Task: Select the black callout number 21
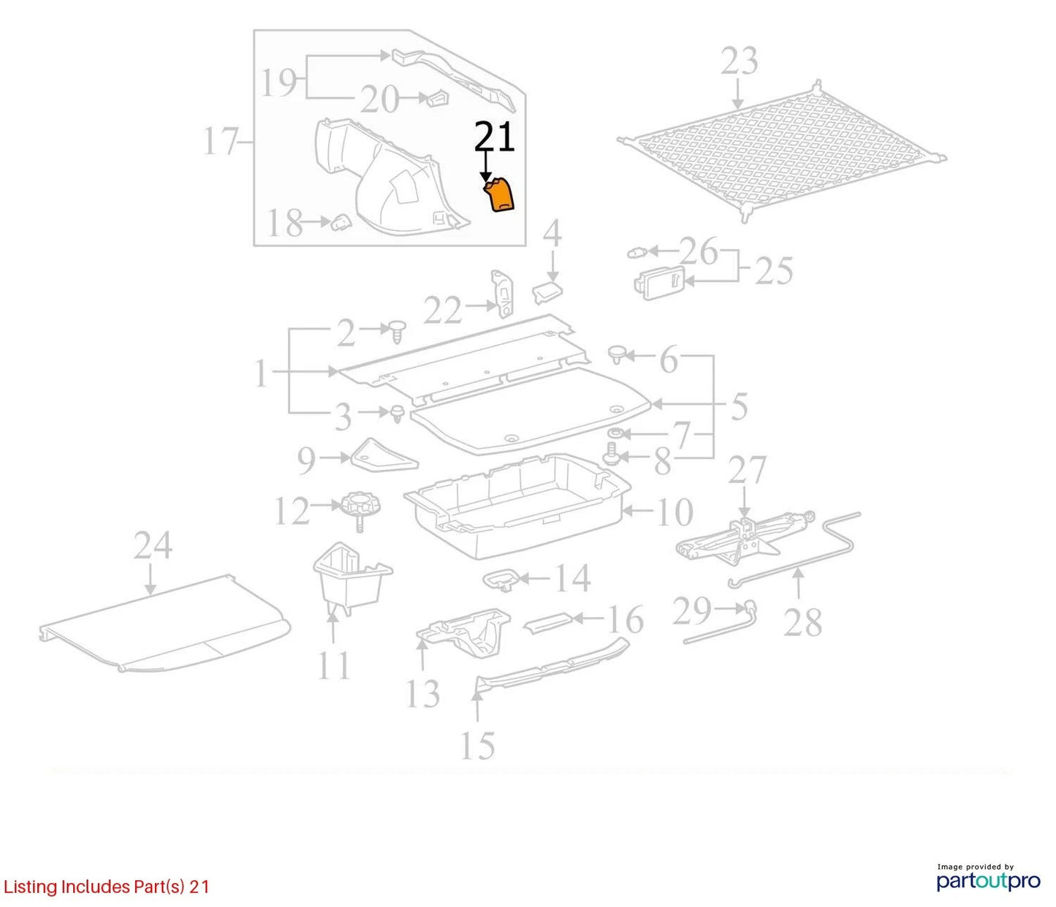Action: pos(495,137)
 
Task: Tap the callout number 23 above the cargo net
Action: pos(740,61)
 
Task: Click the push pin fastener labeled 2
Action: pos(398,331)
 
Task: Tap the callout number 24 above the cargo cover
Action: pos(153,545)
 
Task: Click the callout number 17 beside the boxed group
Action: pos(221,141)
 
